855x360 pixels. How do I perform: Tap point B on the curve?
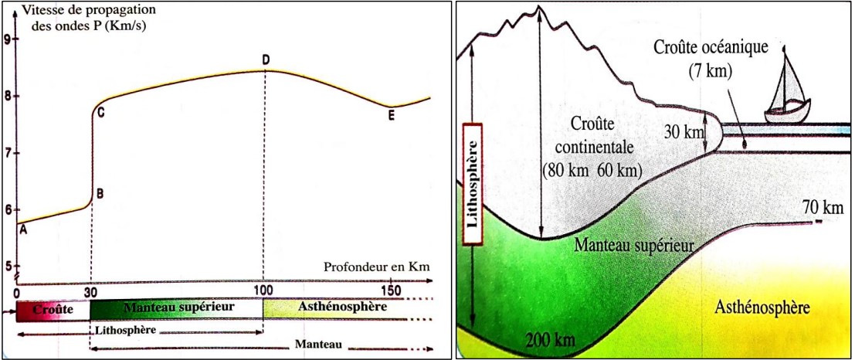100,194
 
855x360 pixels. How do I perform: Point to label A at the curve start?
23,229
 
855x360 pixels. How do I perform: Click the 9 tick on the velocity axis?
8,39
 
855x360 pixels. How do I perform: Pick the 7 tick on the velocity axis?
8,153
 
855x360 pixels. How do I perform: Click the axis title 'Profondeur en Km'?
375,268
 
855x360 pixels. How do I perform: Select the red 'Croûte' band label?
53,309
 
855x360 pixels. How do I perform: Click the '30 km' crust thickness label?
684,132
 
